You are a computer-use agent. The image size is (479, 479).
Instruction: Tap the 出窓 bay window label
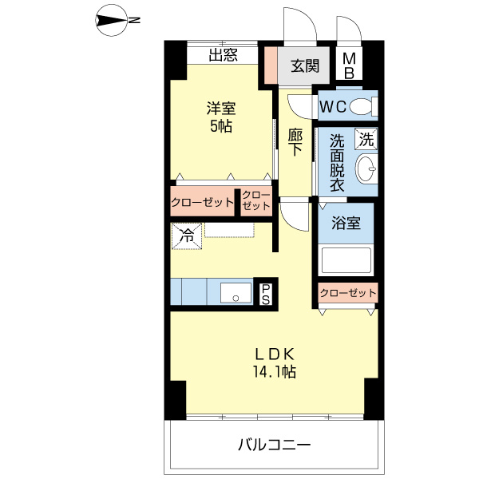point(223,55)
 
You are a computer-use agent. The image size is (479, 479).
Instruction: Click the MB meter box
point(349,66)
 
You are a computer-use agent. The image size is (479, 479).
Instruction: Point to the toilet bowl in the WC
point(362,105)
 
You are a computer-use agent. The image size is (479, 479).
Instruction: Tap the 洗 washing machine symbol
point(366,139)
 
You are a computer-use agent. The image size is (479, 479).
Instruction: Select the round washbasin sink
point(365,169)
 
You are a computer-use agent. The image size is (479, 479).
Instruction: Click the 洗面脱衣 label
point(337,162)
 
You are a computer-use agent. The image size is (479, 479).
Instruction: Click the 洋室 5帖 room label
point(221,117)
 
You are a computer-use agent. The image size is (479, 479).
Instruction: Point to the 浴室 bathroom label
point(346,224)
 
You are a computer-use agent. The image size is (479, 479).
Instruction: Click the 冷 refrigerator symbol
point(185,236)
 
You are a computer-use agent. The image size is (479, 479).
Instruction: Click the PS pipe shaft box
point(266,292)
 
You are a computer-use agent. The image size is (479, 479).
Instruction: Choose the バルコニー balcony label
point(274,445)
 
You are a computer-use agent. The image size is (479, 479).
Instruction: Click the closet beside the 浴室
point(347,293)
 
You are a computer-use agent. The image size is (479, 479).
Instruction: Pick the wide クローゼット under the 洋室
point(202,202)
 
